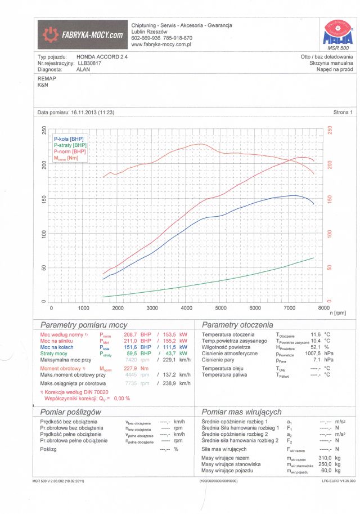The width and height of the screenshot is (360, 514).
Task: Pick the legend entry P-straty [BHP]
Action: pos(70,145)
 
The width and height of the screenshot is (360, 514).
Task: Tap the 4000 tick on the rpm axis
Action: pos(187,309)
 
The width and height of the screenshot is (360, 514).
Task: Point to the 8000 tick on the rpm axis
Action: pos(323,309)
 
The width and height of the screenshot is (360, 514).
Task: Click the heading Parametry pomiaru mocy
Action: pos(84,325)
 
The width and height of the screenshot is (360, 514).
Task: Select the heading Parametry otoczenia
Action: pos(237,325)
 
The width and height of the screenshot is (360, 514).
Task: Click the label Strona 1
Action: pos(343,113)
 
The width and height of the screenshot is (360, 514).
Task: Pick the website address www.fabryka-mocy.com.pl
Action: pos(161,43)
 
